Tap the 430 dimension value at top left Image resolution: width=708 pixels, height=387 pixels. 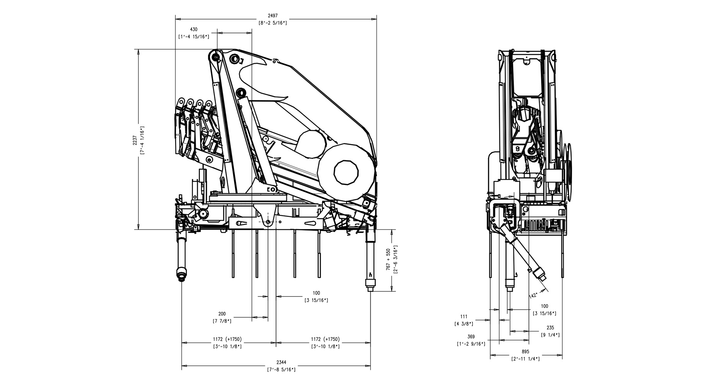coord(193,29)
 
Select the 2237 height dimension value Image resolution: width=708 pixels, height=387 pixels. coord(135,140)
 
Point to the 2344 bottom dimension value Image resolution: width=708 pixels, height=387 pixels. coord(281,362)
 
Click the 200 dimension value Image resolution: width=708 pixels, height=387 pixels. coord(222,314)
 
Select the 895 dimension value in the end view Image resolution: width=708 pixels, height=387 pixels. coord(525,352)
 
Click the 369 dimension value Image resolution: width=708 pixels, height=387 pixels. coord(471,337)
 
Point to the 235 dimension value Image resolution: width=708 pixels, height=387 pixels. coord(550,327)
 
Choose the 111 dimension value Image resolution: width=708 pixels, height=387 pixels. coord(464,317)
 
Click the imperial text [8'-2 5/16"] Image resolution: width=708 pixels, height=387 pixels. coord(272,23)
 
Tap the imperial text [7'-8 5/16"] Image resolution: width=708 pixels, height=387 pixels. coord(281,370)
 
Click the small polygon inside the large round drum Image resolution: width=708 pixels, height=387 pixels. coord(346,171)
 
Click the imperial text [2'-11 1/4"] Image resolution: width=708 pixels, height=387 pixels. coord(525,359)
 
